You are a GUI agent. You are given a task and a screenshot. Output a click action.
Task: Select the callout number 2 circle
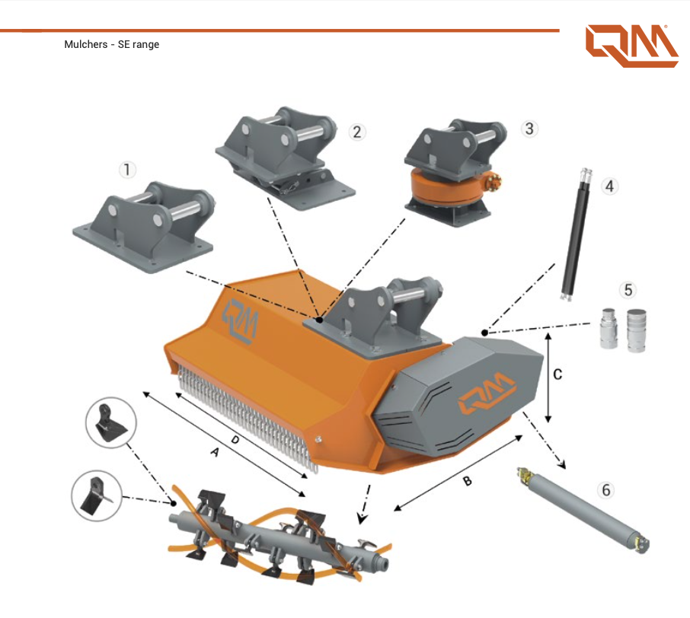[356, 131]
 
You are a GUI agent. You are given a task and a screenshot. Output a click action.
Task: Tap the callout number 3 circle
[529, 128]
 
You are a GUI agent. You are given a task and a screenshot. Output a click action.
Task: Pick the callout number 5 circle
[628, 290]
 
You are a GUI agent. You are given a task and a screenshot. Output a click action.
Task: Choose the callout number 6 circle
[606, 489]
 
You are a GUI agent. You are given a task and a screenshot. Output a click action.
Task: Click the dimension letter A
[215, 454]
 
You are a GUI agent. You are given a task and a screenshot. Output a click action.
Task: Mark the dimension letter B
[468, 482]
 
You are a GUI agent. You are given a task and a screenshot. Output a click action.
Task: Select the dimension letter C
[557, 374]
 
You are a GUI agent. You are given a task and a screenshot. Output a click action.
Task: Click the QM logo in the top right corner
[631, 46]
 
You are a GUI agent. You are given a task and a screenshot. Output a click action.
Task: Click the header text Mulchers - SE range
[112, 45]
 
